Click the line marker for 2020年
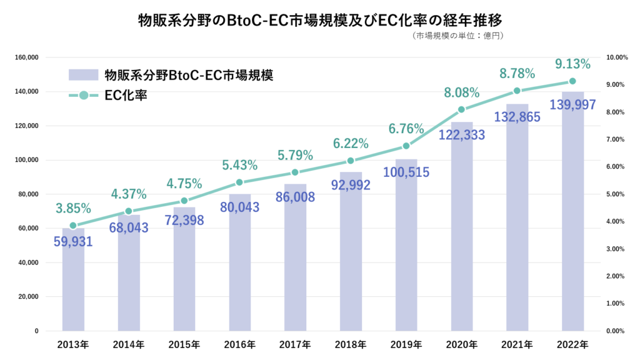click(462, 109)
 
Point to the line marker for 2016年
click(239, 182)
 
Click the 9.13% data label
click(572, 64)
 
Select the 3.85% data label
click(73, 208)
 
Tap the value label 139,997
click(572, 104)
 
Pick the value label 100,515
click(406, 172)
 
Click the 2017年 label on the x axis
click(295, 344)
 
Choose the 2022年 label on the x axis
click(572, 344)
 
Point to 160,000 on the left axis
click(27, 57)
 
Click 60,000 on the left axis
click(29, 228)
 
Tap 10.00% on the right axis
click(617, 57)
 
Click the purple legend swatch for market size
click(84, 76)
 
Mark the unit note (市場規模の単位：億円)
click(458, 36)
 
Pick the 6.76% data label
click(406, 129)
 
